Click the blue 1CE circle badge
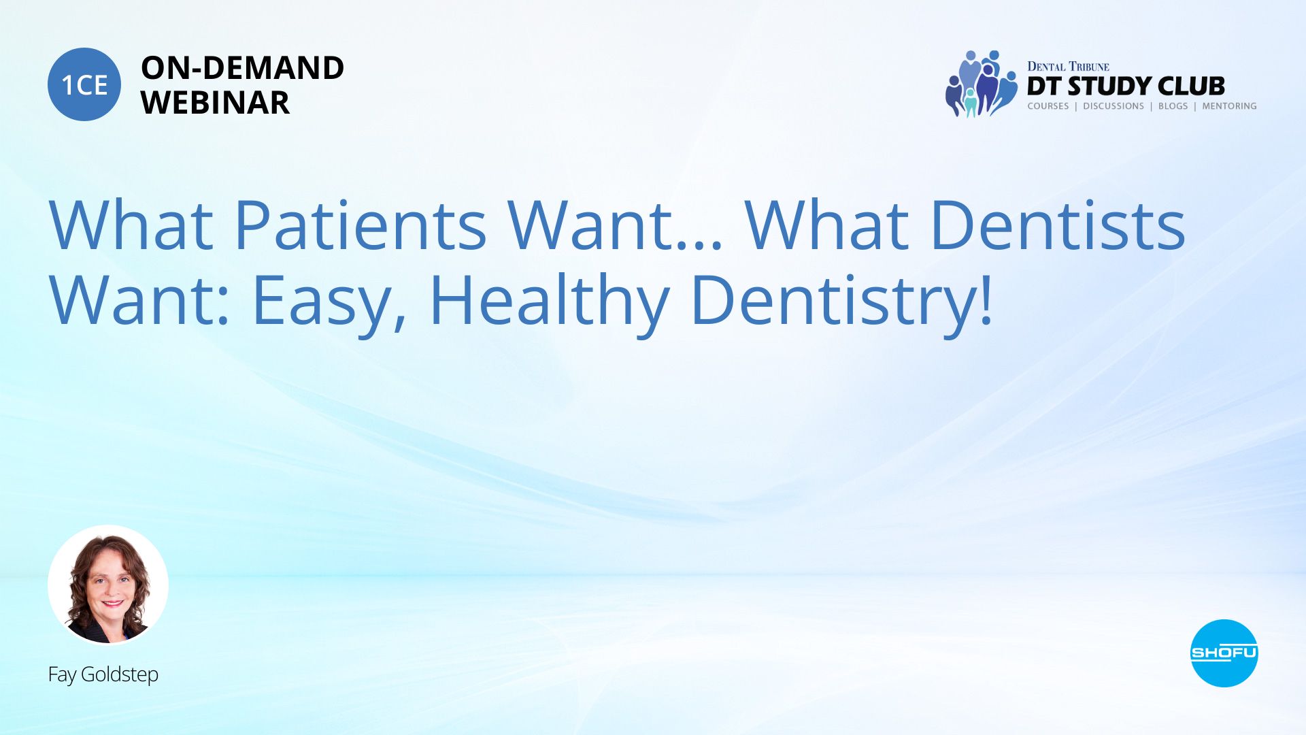(x=84, y=84)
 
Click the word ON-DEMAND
(x=242, y=68)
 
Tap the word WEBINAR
(x=215, y=103)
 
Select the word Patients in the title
(x=361, y=224)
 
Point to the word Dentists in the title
(x=1058, y=224)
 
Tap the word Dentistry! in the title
(x=842, y=299)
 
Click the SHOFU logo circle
(x=1224, y=653)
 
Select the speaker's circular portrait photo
(x=107, y=585)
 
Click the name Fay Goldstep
(x=103, y=674)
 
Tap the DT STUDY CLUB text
(x=1126, y=86)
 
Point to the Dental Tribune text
(x=1068, y=67)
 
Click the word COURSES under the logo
(x=1048, y=106)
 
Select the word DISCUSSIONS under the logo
(x=1114, y=106)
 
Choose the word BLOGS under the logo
(x=1173, y=106)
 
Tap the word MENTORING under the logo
(x=1229, y=106)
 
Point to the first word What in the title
(x=131, y=224)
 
